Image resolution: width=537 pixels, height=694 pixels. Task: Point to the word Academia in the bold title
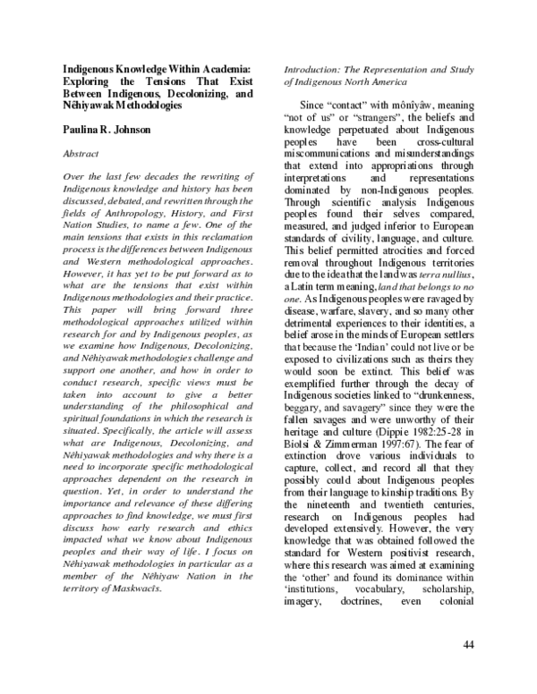click(216, 68)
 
